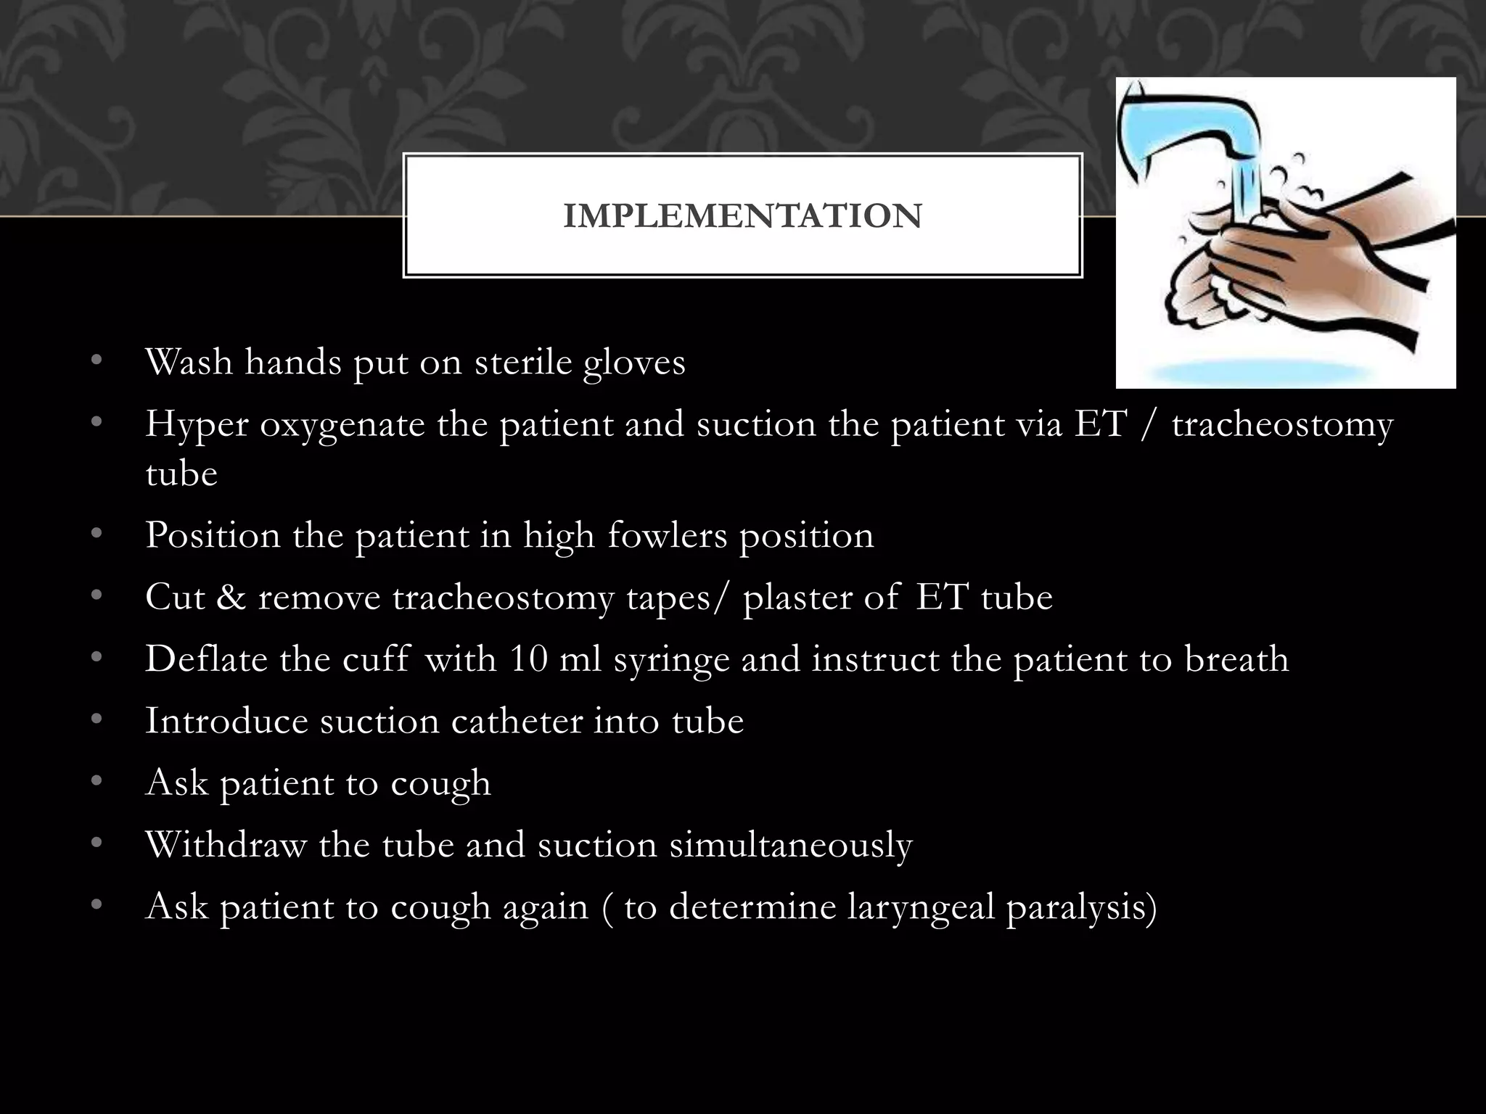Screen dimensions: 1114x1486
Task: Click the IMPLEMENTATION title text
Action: [x=742, y=216]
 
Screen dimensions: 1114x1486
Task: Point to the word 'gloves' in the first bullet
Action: [x=634, y=363]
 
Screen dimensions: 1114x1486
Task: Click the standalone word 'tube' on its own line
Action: [x=181, y=474]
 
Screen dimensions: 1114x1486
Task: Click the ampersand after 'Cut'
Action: [x=231, y=598]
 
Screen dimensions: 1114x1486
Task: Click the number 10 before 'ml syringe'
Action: [x=528, y=659]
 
